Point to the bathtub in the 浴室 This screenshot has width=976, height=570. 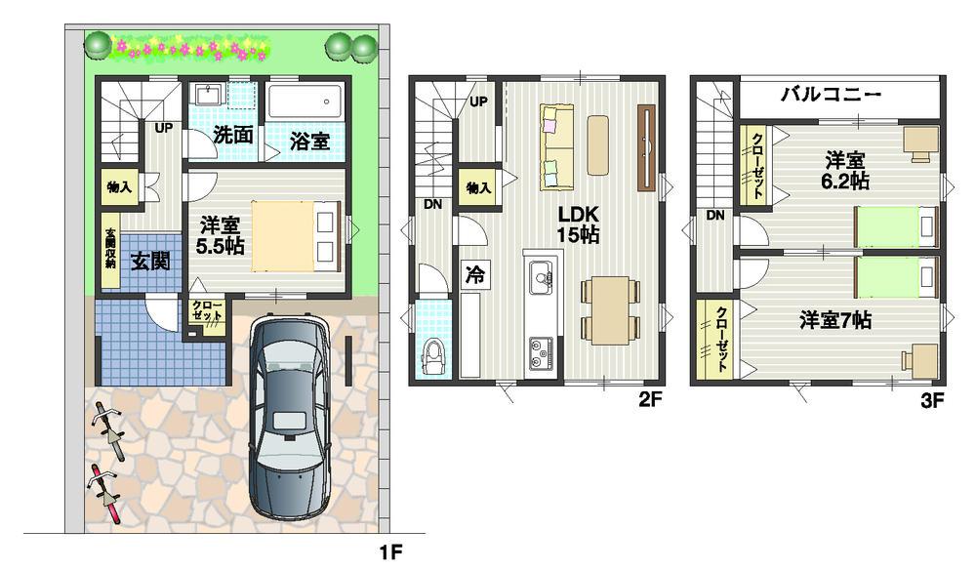[305, 102]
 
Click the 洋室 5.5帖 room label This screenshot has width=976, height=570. [220, 234]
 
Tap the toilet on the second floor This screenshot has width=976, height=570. [431, 356]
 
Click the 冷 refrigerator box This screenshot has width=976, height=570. [474, 275]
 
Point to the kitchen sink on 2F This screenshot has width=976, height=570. [539, 280]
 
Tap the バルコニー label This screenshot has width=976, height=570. [832, 96]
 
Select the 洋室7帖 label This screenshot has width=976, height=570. [835, 319]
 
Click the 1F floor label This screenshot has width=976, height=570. [390, 552]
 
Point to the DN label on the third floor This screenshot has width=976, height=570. [714, 216]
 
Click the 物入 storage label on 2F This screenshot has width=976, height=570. [478, 186]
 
